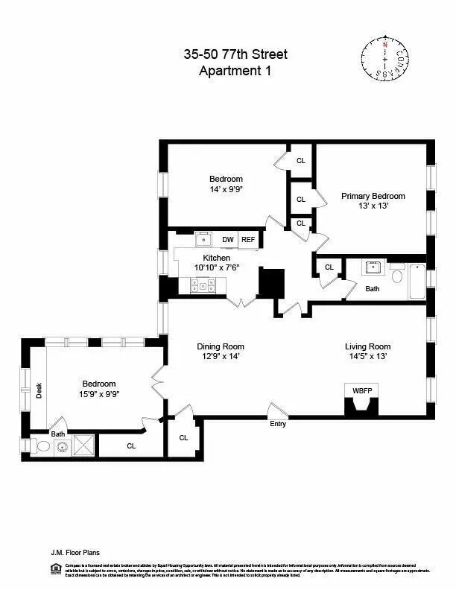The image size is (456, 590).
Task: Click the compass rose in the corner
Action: point(385,58)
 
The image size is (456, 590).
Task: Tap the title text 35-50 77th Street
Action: point(235,54)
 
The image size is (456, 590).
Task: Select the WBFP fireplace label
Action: point(361,390)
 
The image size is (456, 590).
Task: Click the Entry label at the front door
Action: point(278,424)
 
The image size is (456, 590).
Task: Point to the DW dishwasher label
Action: point(228,239)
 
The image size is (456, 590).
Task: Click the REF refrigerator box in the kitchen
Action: point(248,239)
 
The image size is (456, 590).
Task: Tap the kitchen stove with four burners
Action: point(203,285)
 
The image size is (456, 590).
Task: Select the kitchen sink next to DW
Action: point(203,239)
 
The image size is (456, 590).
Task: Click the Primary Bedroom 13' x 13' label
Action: point(373,200)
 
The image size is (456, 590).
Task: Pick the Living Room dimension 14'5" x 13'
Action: point(367,356)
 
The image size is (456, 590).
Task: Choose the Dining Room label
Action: point(221,346)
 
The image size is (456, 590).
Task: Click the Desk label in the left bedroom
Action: point(39,390)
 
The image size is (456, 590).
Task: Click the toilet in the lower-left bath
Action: point(42,447)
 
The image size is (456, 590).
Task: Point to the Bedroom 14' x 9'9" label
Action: point(226,184)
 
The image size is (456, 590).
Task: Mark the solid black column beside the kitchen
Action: point(272,283)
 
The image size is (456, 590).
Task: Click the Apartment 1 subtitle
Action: point(235,72)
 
